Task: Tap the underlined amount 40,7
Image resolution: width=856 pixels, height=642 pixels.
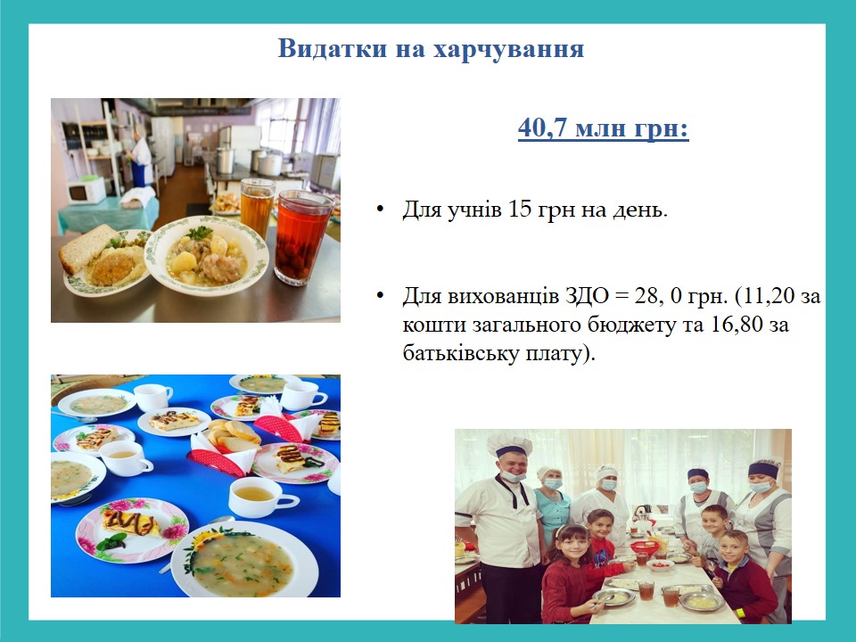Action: [542, 128]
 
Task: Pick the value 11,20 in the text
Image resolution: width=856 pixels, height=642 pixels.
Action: [768, 296]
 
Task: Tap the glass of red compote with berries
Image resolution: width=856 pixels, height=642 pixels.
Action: [302, 237]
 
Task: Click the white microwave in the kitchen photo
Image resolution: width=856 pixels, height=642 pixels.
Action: [86, 190]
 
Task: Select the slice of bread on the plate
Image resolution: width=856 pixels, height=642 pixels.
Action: [86, 249]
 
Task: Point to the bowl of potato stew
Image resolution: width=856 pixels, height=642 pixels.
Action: [207, 256]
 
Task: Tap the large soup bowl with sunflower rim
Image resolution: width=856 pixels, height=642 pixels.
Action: [244, 561]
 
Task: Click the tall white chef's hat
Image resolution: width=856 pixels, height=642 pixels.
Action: [509, 444]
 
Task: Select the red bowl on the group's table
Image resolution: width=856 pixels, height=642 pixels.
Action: [645, 547]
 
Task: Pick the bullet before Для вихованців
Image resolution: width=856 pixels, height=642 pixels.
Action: [381, 296]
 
